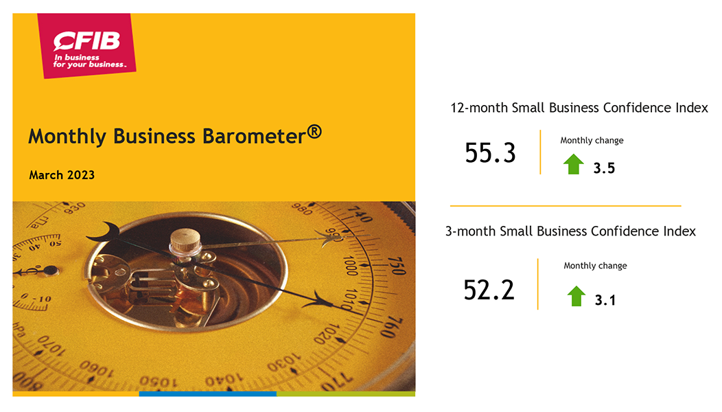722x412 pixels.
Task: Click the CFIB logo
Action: pos(86,45)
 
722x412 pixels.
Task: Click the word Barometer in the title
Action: pos(254,137)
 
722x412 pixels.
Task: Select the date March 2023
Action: pos(62,175)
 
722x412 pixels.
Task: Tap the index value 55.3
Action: pos(490,153)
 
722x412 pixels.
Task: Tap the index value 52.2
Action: pos(489,290)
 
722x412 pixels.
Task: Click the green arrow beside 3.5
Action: pos(573,164)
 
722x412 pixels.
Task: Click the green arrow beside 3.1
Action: pos(576,296)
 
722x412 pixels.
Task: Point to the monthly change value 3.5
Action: pos(604,168)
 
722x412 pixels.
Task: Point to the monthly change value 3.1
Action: pos(605,301)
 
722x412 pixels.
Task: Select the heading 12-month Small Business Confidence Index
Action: pos(579,108)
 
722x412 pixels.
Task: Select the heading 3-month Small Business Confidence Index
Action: pos(570,231)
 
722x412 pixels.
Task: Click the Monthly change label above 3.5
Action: pos(592,141)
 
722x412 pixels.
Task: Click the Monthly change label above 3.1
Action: pos(595,266)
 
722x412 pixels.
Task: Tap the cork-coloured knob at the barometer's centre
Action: pos(185,240)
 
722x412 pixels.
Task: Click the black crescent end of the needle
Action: pos(103,232)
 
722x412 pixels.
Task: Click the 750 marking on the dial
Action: pos(397,266)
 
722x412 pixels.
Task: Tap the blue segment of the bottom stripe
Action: pos(208,394)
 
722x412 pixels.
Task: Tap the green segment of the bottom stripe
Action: pos(346,394)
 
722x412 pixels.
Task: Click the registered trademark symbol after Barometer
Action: pos(314,132)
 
